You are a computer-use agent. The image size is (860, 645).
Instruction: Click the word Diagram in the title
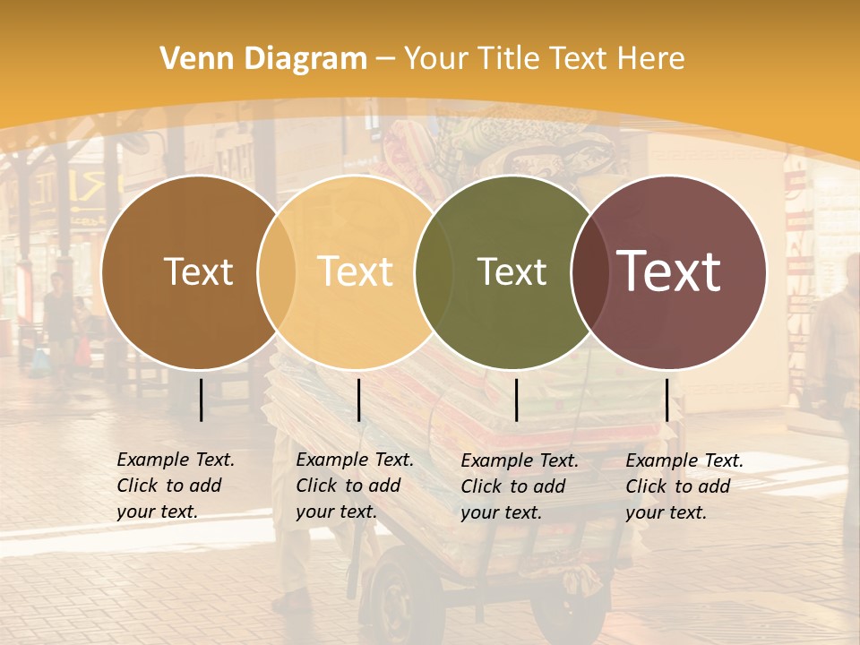pos(305,59)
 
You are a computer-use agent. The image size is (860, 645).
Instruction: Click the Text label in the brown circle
pos(198,271)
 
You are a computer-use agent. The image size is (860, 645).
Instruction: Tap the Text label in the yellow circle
pos(355,271)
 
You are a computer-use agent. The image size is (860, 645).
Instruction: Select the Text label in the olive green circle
pos(512,271)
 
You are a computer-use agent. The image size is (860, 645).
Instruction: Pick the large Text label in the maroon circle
pos(669,271)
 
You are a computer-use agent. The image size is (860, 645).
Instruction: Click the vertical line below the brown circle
pos(202,400)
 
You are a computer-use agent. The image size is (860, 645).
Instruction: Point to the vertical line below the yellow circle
pos(358,400)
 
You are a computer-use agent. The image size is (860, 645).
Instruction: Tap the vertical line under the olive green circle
pos(517,400)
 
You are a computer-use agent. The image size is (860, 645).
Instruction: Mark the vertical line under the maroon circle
pos(667,400)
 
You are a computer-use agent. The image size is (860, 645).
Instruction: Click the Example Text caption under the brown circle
pos(176,486)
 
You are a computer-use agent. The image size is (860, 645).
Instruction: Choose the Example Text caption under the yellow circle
pos(355,486)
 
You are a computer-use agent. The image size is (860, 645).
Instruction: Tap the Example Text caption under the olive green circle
pos(520,486)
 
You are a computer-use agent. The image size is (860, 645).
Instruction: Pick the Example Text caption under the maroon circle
pos(684,486)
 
